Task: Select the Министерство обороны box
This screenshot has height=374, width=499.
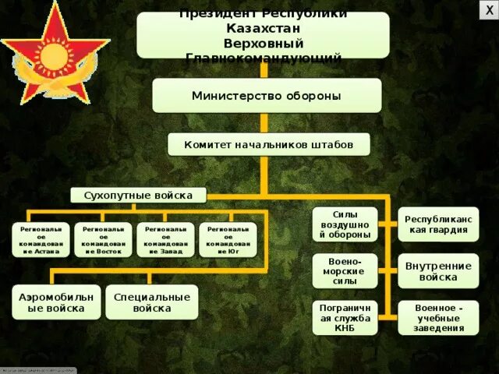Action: point(267,96)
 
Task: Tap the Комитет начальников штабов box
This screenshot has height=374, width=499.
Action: point(269,145)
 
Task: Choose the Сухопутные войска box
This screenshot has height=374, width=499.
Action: point(138,195)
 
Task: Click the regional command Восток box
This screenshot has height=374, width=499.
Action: point(103,240)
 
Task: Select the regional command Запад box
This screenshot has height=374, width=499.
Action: point(165,240)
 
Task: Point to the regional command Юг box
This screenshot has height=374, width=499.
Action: point(228,240)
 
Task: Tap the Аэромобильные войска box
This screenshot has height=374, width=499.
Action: point(55,302)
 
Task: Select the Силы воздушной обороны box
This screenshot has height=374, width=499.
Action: point(345,224)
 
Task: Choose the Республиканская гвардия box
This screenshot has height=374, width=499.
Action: point(438,224)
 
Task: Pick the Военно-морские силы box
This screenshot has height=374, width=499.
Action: point(345,270)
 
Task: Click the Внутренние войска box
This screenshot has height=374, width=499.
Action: point(438,270)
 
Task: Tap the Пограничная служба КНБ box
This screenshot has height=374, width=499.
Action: point(345,317)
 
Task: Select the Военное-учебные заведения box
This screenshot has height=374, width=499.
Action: point(438,317)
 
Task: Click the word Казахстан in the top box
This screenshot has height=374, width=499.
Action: point(264,29)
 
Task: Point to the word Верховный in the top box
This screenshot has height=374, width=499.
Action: point(264,43)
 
